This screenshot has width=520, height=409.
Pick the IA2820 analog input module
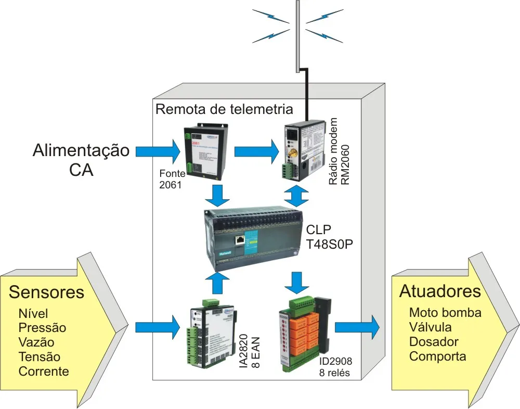pyautogui.click(x=209, y=334)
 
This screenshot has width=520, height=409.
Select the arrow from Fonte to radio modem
pyautogui.click(x=256, y=151)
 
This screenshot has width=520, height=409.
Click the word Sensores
pyautogui.click(x=46, y=292)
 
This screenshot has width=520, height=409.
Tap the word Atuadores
pyautogui.click(x=440, y=291)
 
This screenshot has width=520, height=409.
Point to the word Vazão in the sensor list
pyautogui.click(x=36, y=342)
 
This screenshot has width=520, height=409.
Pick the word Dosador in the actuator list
pyautogui.click(x=434, y=342)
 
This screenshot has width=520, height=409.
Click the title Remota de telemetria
pyautogui.click(x=225, y=109)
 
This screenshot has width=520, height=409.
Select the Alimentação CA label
pyautogui.click(x=81, y=160)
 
